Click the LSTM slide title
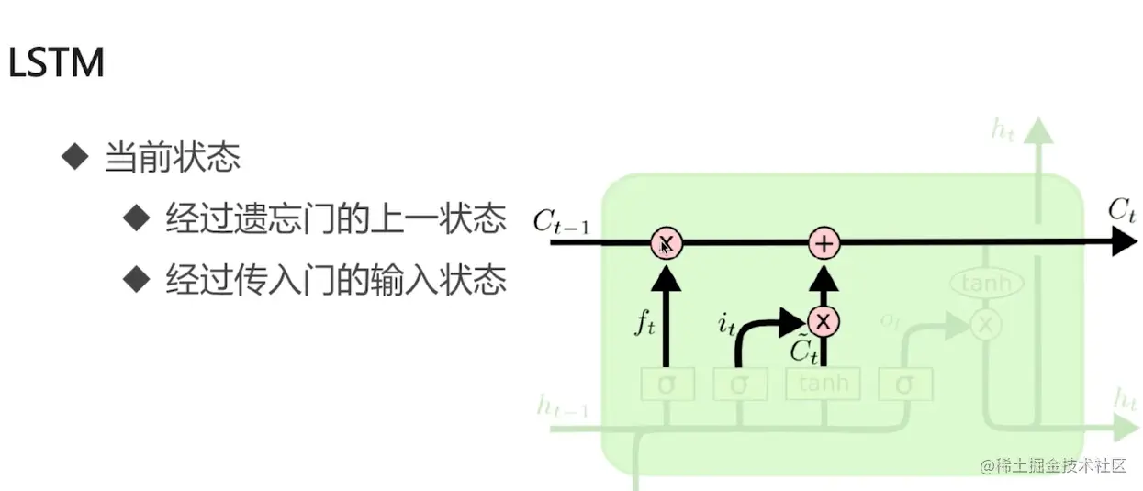tap(55, 64)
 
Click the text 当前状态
tap(173, 158)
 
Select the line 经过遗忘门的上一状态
tap(336, 219)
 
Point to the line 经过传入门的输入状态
tap(336, 279)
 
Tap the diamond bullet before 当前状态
tap(73, 156)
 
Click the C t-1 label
tap(561, 221)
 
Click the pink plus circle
tap(824, 243)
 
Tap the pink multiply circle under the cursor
tap(667, 243)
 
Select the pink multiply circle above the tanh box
tap(824, 320)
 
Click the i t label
tap(726, 323)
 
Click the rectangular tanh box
tap(824, 384)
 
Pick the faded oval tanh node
tap(985, 284)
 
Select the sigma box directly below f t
tap(667, 385)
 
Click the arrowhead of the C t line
tap(1124, 242)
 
